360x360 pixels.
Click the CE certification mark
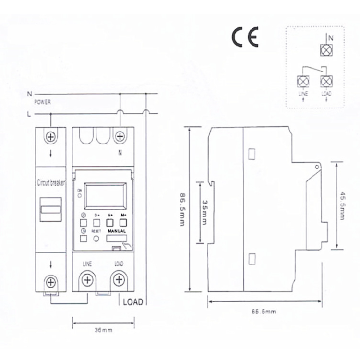pos(245,37)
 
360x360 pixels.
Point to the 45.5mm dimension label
pos(342,206)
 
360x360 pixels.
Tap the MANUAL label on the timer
pos(117,231)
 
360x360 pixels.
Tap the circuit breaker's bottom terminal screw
pos(50,282)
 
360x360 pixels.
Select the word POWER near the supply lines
pos(43,102)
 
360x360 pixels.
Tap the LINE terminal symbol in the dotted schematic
pos(303,79)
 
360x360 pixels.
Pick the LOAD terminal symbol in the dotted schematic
pos(326,79)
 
